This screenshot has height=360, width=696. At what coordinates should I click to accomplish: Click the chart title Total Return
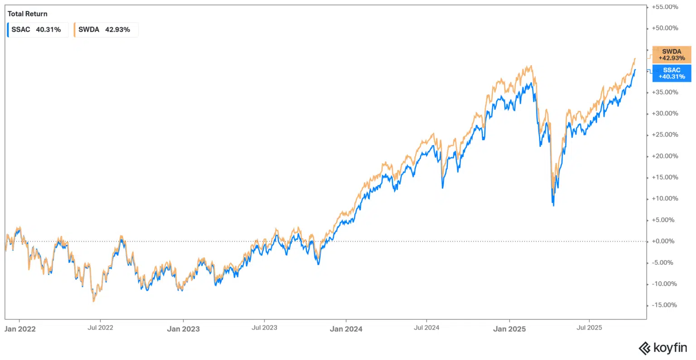point(28,14)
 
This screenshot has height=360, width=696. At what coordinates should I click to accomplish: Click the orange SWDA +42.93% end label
point(672,55)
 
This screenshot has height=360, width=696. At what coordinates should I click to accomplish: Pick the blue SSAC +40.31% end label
point(672,73)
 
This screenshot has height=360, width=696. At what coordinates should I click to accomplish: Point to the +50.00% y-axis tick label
point(665,28)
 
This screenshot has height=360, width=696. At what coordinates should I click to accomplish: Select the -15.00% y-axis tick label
point(665,305)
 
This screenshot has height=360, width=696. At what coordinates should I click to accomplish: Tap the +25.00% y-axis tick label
point(665,135)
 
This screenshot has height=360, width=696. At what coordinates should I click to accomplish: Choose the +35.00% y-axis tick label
point(665,92)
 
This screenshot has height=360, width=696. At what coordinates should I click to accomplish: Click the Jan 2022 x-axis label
point(19,329)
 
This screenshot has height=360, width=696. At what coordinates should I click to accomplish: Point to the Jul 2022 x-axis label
point(100,327)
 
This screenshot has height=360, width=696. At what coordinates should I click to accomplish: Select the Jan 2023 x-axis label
point(183,329)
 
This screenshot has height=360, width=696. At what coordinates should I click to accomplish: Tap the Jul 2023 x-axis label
point(264,327)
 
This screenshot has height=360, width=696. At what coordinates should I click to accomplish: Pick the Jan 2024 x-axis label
point(346,329)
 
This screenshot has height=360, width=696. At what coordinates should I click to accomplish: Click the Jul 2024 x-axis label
point(426,327)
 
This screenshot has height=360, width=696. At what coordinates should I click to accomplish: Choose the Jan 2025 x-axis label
point(509,329)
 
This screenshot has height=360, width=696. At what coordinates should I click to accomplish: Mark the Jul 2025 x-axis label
point(589,327)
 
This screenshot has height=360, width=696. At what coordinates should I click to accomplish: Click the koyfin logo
point(662,348)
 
